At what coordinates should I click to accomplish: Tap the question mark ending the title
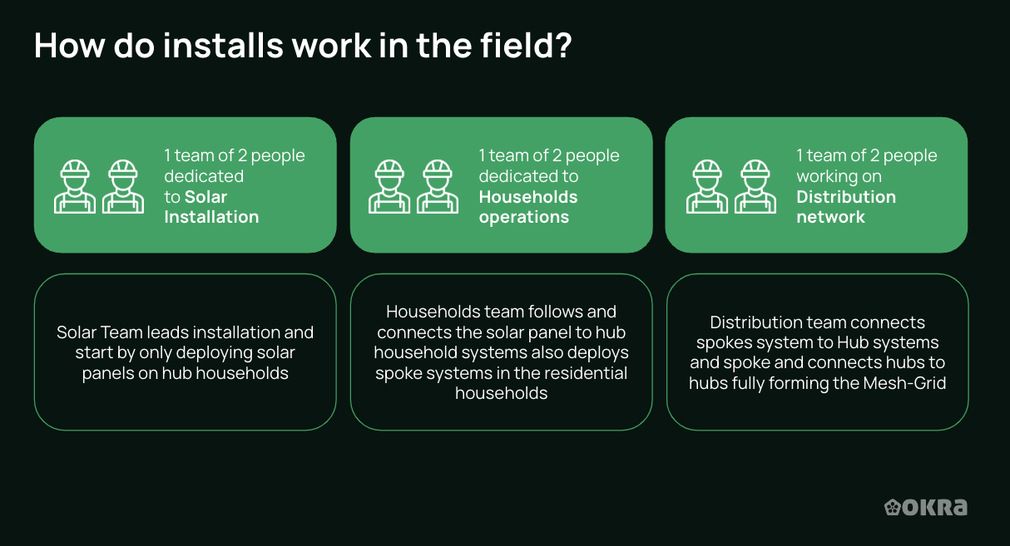pyautogui.click(x=562, y=46)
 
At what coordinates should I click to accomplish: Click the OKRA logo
pyautogui.click(x=925, y=507)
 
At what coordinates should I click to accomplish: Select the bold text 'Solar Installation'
pyautogui.click(x=211, y=207)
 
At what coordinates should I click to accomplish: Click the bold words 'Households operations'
pyautogui.click(x=527, y=207)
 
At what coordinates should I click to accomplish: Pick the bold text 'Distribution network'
pyautogui.click(x=845, y=207)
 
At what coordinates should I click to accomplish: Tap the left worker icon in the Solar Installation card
pyautogui.click(x=75, y=186)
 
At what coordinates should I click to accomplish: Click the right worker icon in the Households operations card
pyautogui.click(x=438, y=186)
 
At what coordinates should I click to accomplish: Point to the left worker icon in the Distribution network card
pyautogui.click(x=707, y=186)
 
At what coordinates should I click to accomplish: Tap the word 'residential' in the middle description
pyautogui.click(x=586, y=373)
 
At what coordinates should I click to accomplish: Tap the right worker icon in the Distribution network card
pyautogui.click(x=755, y=186)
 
